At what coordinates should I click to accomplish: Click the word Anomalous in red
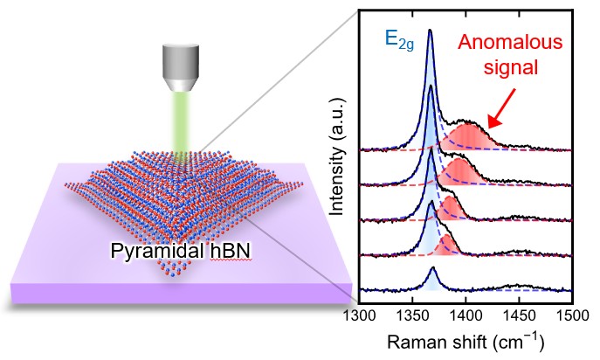(506, 41)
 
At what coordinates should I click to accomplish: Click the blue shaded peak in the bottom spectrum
(431, 280)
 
